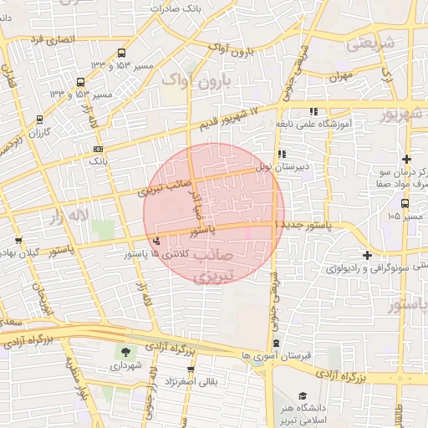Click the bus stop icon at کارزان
point(39,120)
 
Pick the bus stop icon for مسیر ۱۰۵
point(405,203)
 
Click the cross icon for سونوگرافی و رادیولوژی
point(367,255)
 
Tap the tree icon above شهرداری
point(125,353)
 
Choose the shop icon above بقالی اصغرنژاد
point(191,369)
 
